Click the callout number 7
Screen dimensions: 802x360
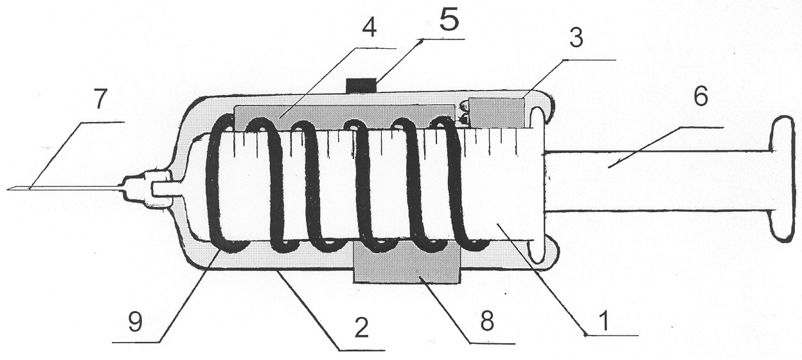point(100,99)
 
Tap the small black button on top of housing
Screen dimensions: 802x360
point(362,85)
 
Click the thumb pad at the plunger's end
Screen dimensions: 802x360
point(785,179)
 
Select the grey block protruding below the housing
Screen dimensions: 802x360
point(406,262)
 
